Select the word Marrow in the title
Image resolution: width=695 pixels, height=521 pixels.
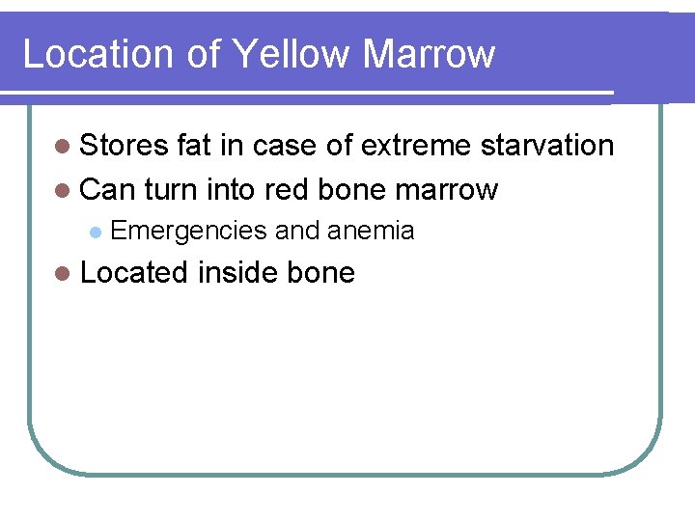pos(429,54)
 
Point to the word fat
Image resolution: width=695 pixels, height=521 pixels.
pos(196,146)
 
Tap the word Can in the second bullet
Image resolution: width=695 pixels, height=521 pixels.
pos(108,190)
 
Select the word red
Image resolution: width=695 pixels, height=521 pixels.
pos(287,190)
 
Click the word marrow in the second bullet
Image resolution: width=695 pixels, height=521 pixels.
pos(446,190)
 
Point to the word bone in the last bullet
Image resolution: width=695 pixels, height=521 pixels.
pos(321,273)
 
